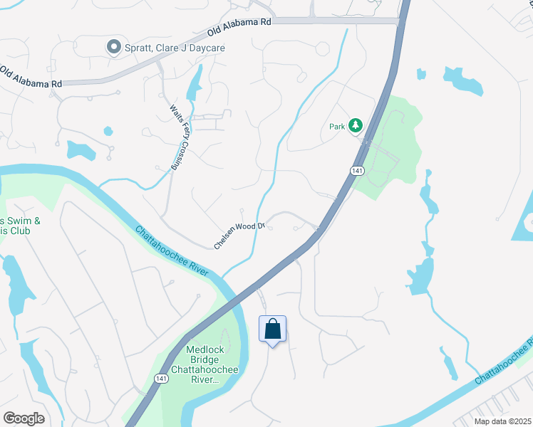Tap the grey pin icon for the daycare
click(x=113, y=47)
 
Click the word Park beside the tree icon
click(x=337, y=127)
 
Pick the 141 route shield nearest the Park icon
click(x=356, y=170)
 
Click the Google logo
click(x=24, y=418)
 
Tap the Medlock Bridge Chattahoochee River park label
click(x=206, y=365)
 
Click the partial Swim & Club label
click(x=19, y=226)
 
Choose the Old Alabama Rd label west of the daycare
click(x=31, y=78)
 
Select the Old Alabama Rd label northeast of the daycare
click(x=239, y=28)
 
